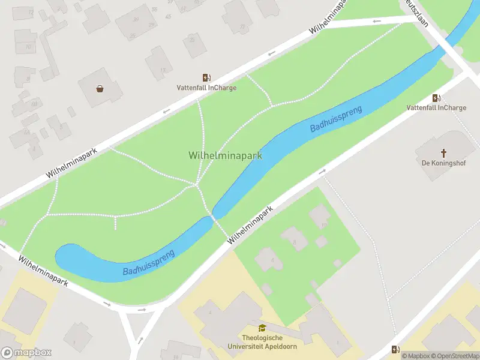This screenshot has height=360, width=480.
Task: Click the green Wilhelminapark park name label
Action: [x=225, y=155]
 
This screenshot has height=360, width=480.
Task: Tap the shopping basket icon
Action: [x=100, y=89]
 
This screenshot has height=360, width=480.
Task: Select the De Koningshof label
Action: [x=444, y=163]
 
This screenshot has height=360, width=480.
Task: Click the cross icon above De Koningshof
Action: [x=444, y=153]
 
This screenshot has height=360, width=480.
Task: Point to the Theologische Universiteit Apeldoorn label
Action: [x=262, y=342]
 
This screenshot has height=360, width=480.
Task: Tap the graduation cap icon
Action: [x=262, y=328]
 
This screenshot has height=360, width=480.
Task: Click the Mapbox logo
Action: [x=26, y=353]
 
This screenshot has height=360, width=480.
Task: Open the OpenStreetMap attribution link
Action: [x=455, y=356]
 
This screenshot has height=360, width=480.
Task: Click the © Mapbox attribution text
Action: [x=415, y=356]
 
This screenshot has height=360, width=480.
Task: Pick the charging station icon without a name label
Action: [x=395, y=349]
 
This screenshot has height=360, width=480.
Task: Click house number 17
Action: [x=163, y=70]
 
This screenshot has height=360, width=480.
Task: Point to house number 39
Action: [x=136, y=19]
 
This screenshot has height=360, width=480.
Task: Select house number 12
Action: [x=31, y=12]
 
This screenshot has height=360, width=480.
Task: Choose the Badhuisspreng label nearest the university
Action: [x=149, y=263]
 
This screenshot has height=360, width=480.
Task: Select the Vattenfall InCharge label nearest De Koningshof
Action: [x=436, y=108]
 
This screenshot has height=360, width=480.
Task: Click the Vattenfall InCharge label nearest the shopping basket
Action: [x=206, y=88]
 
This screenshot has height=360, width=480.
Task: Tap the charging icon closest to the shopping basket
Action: [x=206, y=77]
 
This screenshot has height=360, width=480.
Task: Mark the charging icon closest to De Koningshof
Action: [x=436, y=98]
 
